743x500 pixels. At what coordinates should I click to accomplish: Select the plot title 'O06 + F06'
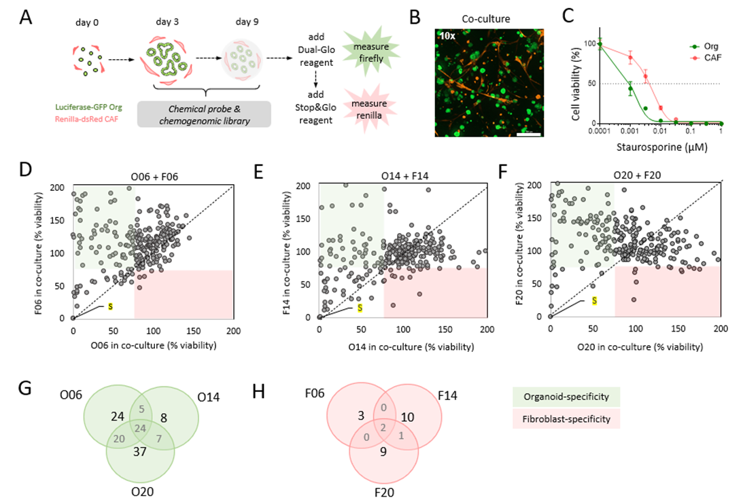pos(152,178)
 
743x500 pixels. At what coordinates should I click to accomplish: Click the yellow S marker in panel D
pos(110,307)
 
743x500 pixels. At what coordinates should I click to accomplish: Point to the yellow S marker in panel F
pos(593,300)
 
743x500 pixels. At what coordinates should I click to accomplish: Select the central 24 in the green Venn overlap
pos(141,428)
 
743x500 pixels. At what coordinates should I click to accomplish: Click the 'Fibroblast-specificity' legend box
pos(560,419)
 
